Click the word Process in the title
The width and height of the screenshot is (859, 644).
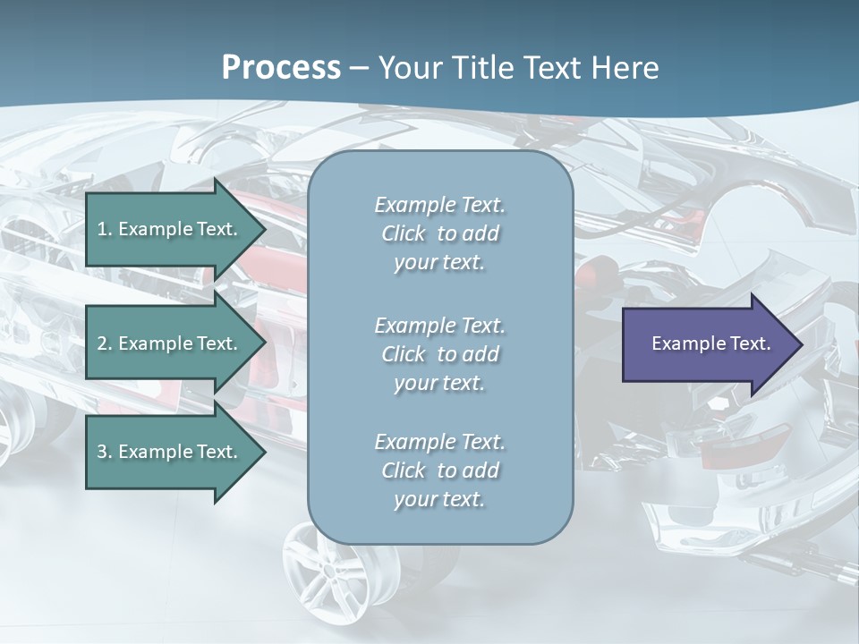point(281,68)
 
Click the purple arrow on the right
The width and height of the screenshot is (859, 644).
point(707,343)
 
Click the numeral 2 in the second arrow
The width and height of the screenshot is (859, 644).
point(102,343)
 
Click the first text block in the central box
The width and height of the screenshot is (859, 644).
point(439,233)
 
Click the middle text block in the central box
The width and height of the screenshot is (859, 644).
point(439,354)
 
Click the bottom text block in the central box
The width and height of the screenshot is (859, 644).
point(439,470)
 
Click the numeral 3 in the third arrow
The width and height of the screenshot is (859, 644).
point(102,452)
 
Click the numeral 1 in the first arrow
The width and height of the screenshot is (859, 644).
point(102,229)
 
